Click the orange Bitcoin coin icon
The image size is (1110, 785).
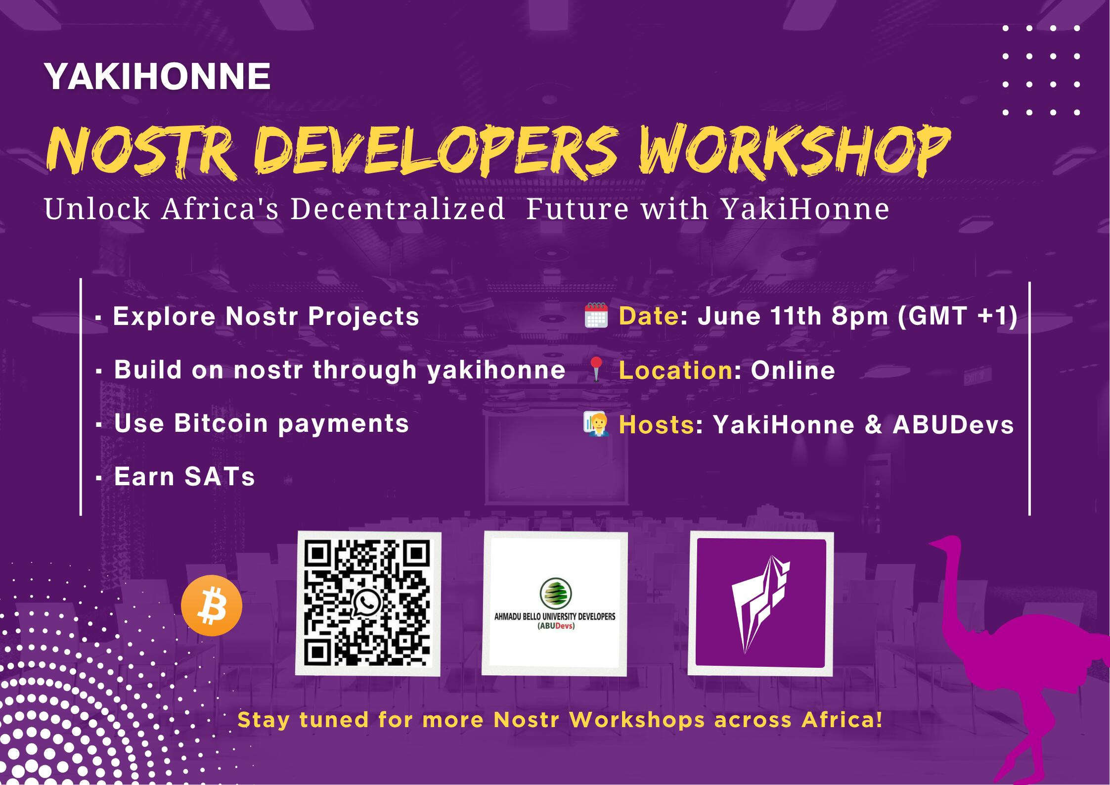212,605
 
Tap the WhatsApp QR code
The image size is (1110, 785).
368,603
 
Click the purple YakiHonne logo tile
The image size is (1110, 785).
760,603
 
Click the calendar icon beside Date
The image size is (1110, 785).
596,316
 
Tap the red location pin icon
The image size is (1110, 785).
597,369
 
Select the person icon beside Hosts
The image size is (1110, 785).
596,424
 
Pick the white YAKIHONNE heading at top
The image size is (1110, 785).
158,76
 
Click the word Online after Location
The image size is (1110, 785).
793,370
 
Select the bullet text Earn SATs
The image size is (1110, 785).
184,477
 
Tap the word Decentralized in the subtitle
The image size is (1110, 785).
398,208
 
